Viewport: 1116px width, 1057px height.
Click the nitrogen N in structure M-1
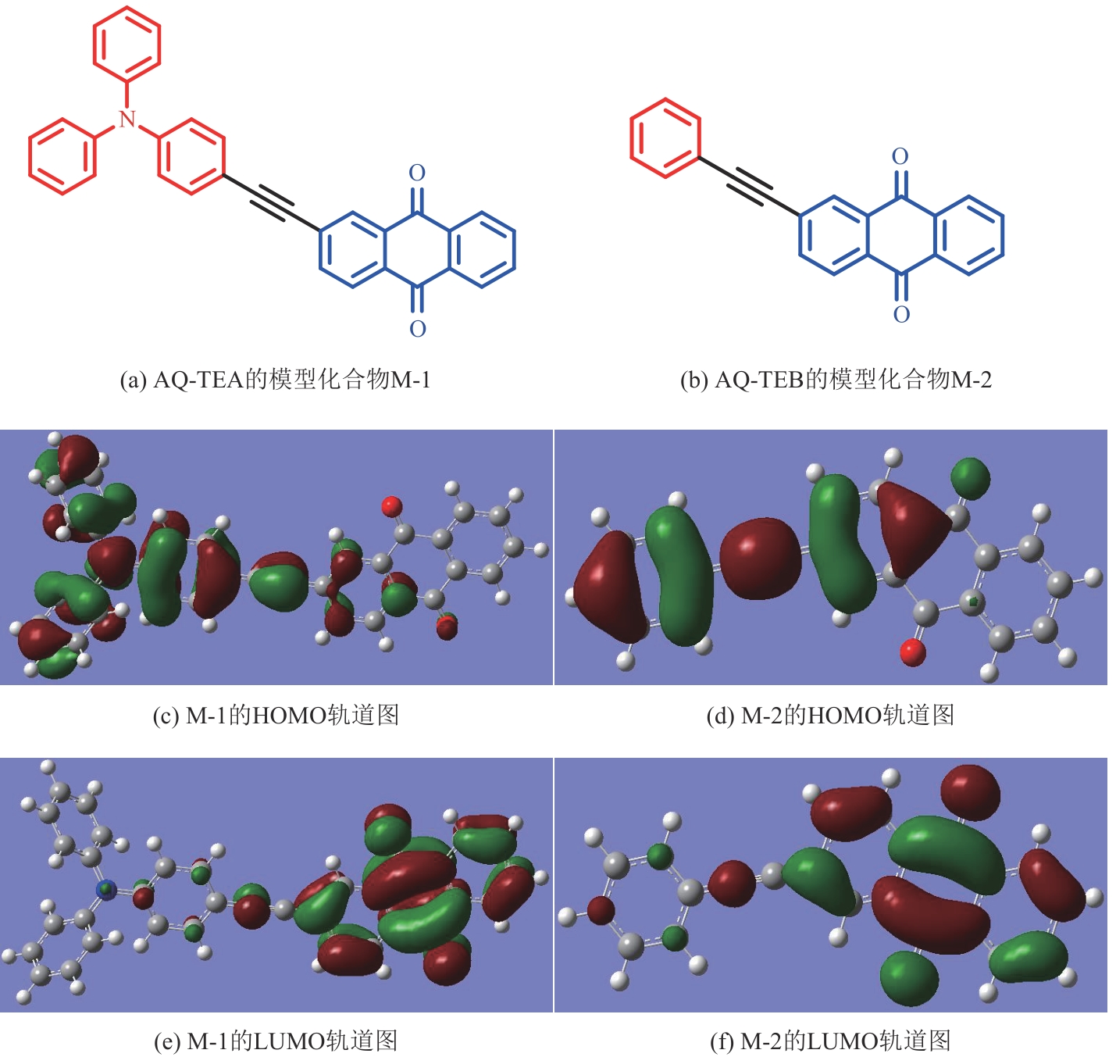(127, 120)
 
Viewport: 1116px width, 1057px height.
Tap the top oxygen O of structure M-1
(418, 173)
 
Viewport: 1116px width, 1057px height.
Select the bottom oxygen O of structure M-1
(418, 329)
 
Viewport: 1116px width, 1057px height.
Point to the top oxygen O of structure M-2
(900, 157)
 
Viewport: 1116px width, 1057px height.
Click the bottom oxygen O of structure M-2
(901, 315)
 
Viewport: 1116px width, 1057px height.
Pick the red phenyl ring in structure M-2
(665, 138)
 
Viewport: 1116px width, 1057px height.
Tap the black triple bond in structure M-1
(272, 201)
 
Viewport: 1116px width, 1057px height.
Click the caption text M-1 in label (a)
(411, 380)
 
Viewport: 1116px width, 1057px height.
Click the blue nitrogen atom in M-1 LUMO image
(105, 889)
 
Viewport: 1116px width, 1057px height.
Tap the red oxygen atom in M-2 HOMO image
(912, 652)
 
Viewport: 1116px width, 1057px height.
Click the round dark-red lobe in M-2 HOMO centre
(760, 558)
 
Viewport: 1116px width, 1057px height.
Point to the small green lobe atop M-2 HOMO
(971, 478)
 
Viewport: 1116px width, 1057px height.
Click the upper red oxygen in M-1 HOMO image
(391, 506)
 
